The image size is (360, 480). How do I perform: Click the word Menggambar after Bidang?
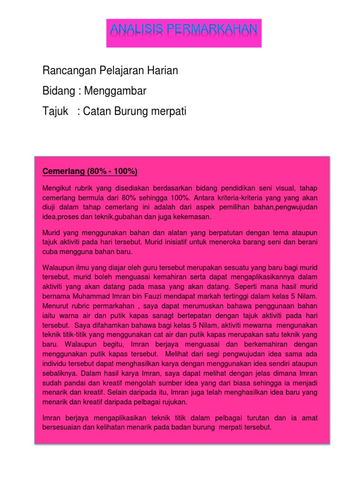pos(115,91)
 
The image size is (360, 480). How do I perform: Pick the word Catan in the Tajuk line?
pos(95,112)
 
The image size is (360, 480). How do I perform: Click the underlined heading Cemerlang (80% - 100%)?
pos(90,172)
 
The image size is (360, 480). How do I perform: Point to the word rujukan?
pos(164,401)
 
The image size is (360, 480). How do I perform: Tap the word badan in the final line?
pos(194,428)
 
